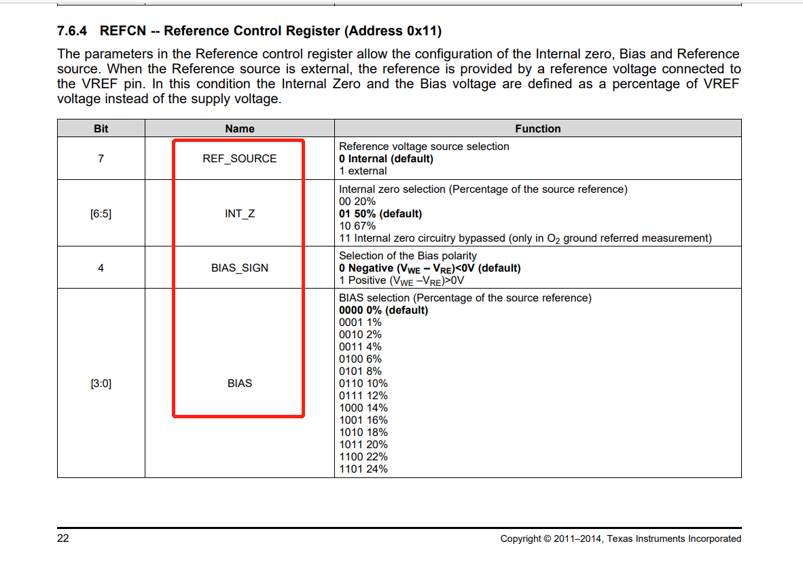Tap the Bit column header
101,128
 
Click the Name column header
240,128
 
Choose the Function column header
537,128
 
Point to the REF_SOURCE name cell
240,158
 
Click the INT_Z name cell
240,213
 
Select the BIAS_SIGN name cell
240,268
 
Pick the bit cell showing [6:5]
101,213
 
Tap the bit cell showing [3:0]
101,383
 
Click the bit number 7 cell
101,158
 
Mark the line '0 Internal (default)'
386,159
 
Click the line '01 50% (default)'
380,214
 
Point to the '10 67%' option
357,226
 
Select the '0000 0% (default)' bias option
384,310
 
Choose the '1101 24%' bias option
363,469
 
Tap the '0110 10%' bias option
363,384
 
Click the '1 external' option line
363,171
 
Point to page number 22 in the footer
63,538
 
